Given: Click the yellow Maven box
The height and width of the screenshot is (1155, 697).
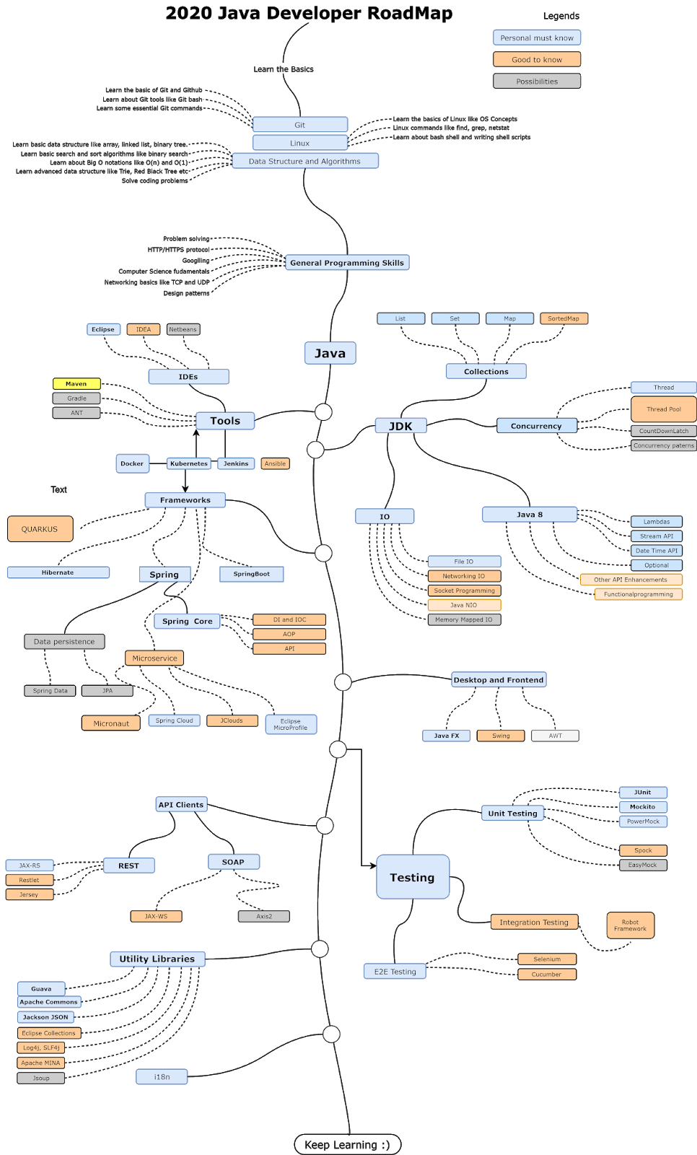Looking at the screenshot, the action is (x=76, y=383).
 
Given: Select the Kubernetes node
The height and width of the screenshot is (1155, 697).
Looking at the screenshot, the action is (x=189, y=463).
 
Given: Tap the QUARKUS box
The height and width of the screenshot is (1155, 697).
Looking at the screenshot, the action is (x=40, y=529).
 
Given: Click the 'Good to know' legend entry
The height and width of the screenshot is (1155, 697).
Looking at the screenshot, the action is (x=537, y=59).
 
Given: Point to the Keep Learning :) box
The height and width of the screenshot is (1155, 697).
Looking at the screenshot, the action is (x=348, y=1144).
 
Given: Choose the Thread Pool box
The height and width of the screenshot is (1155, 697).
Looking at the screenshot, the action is (x=664, y=409).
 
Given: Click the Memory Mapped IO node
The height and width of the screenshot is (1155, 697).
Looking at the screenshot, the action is (x=464, y=619).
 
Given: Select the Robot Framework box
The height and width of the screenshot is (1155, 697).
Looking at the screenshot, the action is (x=630, y=925).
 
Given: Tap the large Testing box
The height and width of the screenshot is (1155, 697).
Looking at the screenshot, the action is (x=413, y=877).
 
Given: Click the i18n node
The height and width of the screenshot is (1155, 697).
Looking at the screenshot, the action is (x=162, y=1076).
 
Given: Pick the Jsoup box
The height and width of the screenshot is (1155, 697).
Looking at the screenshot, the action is (x=40, y=1078).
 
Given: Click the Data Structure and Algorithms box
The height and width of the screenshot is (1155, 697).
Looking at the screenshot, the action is (x=304, y=161).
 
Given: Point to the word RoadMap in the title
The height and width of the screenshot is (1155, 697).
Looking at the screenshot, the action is (x=410, y=14).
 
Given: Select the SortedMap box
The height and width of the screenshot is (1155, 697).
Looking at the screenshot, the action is (x=564, y=318).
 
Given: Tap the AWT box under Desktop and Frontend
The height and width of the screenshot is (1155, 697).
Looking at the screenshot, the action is (x=556, y=736).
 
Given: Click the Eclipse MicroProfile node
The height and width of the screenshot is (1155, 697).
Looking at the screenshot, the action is (x=291, y=725).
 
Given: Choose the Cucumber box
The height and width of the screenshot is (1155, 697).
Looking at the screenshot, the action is (x=546, y=974).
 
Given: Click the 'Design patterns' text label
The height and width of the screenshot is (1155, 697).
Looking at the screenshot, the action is (x=187, y=293).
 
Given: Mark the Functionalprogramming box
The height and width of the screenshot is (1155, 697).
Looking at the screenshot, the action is (x=639, y=594).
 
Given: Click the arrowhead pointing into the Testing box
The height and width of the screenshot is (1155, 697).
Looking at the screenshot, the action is (x=373, y=866).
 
